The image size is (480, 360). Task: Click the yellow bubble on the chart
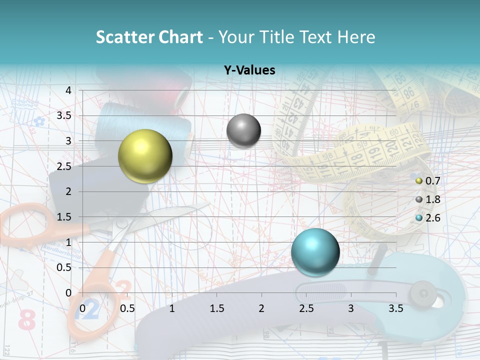tap(145, 156)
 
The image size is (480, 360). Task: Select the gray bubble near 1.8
tap(243, 130)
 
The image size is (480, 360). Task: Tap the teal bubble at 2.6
tap(315, 252)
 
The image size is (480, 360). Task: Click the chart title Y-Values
tap(249, 70)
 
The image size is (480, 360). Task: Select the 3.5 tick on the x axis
tap(395, 309)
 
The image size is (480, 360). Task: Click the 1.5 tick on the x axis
tap(216, 309)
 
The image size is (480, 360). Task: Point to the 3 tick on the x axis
tap(351, 309)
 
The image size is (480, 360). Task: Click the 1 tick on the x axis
tap(172, 309)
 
